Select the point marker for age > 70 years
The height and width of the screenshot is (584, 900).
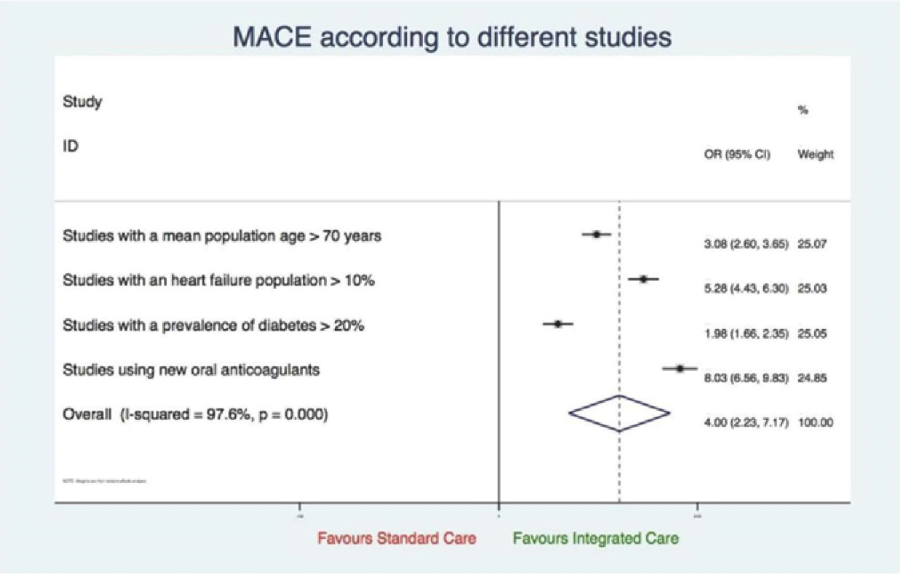596,234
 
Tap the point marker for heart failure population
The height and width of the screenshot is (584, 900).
643,279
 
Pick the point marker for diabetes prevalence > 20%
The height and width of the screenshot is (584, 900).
558,323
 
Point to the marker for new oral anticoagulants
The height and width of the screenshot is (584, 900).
679,368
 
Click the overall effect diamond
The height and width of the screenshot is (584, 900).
619,414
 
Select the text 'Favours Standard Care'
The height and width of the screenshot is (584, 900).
397,539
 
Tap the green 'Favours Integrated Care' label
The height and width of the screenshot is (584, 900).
595,539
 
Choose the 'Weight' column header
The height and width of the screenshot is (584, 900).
816,154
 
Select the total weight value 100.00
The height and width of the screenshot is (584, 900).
816,422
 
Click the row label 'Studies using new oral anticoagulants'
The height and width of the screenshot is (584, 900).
192,370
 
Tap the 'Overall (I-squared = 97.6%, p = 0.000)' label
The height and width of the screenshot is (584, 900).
195,414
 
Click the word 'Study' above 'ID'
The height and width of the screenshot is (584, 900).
82,102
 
